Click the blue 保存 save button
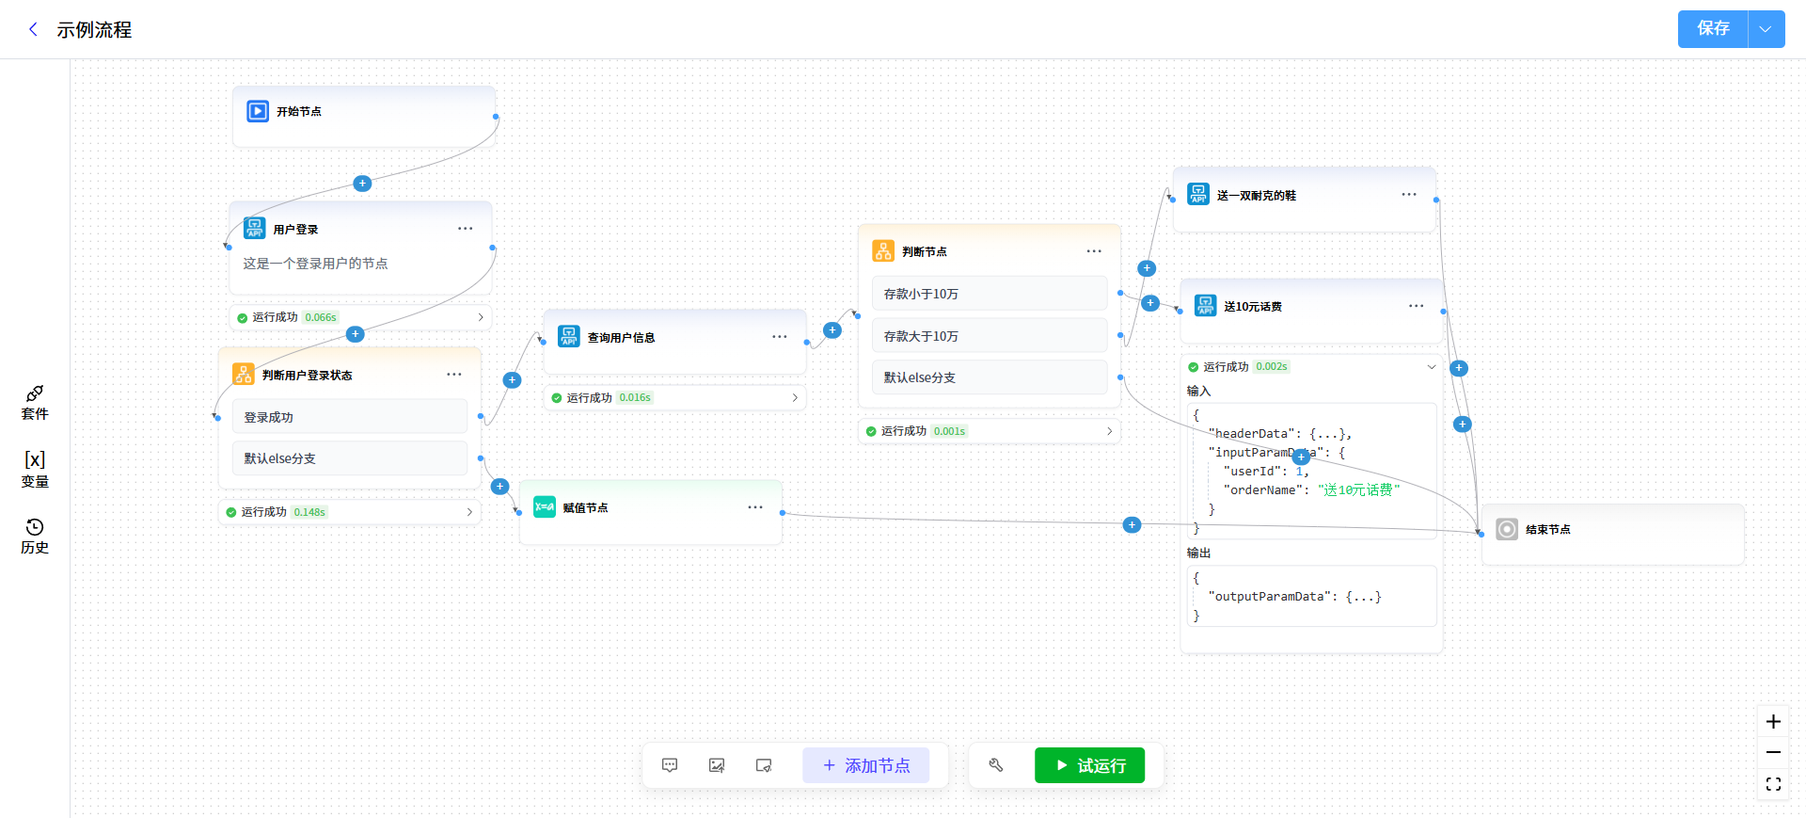1713,29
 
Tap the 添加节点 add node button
865,765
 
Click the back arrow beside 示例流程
34,29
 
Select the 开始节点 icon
258,111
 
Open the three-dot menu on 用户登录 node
466,229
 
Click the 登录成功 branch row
350,417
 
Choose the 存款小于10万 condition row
990,294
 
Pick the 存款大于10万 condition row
990,336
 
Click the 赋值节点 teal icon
545,507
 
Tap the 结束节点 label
1548,530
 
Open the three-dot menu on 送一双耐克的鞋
1409,195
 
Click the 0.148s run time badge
309,512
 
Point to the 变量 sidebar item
35,469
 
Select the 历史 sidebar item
35,537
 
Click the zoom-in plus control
1773,722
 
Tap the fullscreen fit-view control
1773,784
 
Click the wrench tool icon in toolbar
996,765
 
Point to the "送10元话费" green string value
1359,490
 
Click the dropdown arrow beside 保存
1766,29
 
